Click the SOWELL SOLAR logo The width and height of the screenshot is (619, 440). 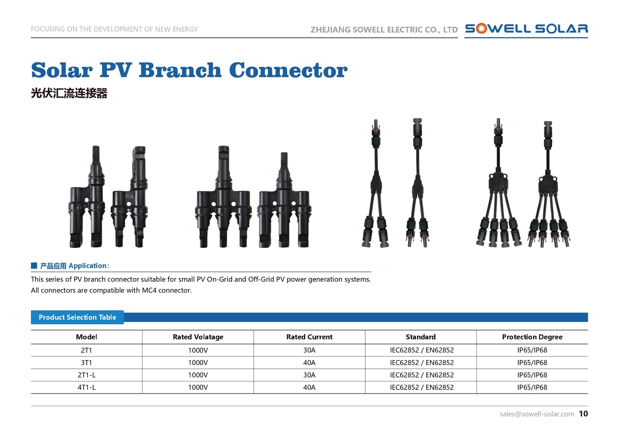click(x=526, y=29)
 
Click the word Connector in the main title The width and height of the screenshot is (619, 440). click(x=288, y=70)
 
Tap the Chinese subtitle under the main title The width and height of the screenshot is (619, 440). click(x=69, y=93)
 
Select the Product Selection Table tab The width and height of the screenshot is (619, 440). click(x=77, y=317)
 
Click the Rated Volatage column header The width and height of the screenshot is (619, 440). click(x=198, y=337)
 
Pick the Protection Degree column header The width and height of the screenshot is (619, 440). click(x=532, y=337)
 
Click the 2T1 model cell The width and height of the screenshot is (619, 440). click(x=86, y=350)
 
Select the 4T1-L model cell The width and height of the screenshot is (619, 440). click(x=87, y=387)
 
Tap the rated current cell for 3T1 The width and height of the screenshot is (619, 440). click(x=309, y=363)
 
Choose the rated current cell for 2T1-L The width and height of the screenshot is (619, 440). click(x=309, y=375)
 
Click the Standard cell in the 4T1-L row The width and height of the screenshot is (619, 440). click(x=422, y=387)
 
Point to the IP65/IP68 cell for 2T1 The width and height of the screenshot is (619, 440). click(x=532, y=350)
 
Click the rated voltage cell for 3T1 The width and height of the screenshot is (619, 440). click(x=198, y=363)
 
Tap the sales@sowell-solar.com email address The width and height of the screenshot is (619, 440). click(x=537, y=414)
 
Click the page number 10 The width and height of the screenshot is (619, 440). click(x=583, y=414)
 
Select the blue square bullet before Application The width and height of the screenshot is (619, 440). click(x=34, y=266)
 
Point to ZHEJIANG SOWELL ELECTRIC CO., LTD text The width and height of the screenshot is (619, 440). click(x=384, y=30)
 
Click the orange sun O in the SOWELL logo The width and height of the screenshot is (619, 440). click(x=481, y=29)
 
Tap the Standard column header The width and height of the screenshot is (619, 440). click(x=421, y=337)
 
